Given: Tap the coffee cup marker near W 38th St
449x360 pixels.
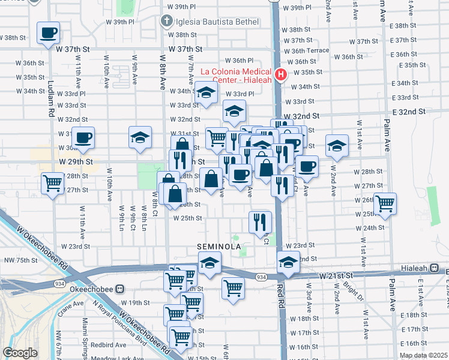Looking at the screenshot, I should (49, 33).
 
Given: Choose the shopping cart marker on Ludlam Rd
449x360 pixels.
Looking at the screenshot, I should (53, 182).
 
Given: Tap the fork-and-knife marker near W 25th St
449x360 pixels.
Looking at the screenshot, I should (261, 221).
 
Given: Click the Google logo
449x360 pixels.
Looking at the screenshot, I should (20, 353).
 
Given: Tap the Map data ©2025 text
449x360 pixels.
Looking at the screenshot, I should (423, 355).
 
